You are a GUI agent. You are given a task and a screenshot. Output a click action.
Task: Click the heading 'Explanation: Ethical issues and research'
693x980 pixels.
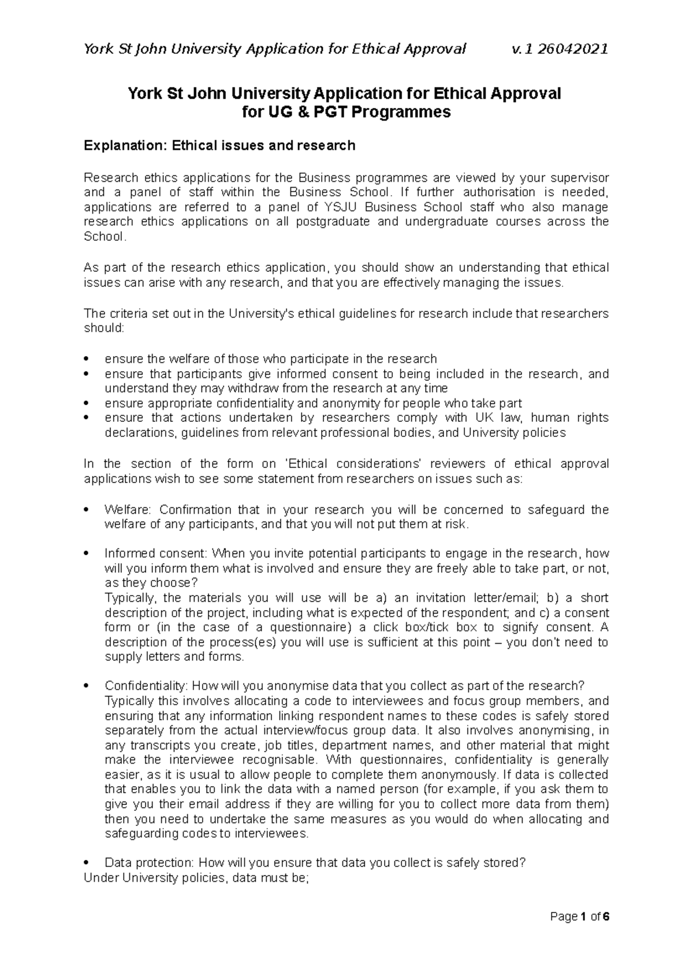pyautogui.click(x=219, y=145)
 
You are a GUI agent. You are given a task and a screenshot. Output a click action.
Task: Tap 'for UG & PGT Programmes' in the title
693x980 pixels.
pyautogui.click(x=345, y=112)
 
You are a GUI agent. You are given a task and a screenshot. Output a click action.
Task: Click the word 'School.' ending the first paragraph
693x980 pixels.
pyautogui.click(x=105, y=237)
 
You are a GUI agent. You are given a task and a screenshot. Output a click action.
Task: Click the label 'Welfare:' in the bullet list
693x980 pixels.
pyautogui.click(x=128, y=510)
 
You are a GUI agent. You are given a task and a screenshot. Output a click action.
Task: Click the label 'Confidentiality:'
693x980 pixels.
pyautogui.click(x=146, y=686)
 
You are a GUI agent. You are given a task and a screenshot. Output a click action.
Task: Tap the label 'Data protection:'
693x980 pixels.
pyautogui.click(x=149, y=863)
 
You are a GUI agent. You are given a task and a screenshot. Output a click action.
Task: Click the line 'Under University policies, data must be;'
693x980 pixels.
pyautogui.click(x=197, y=878)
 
